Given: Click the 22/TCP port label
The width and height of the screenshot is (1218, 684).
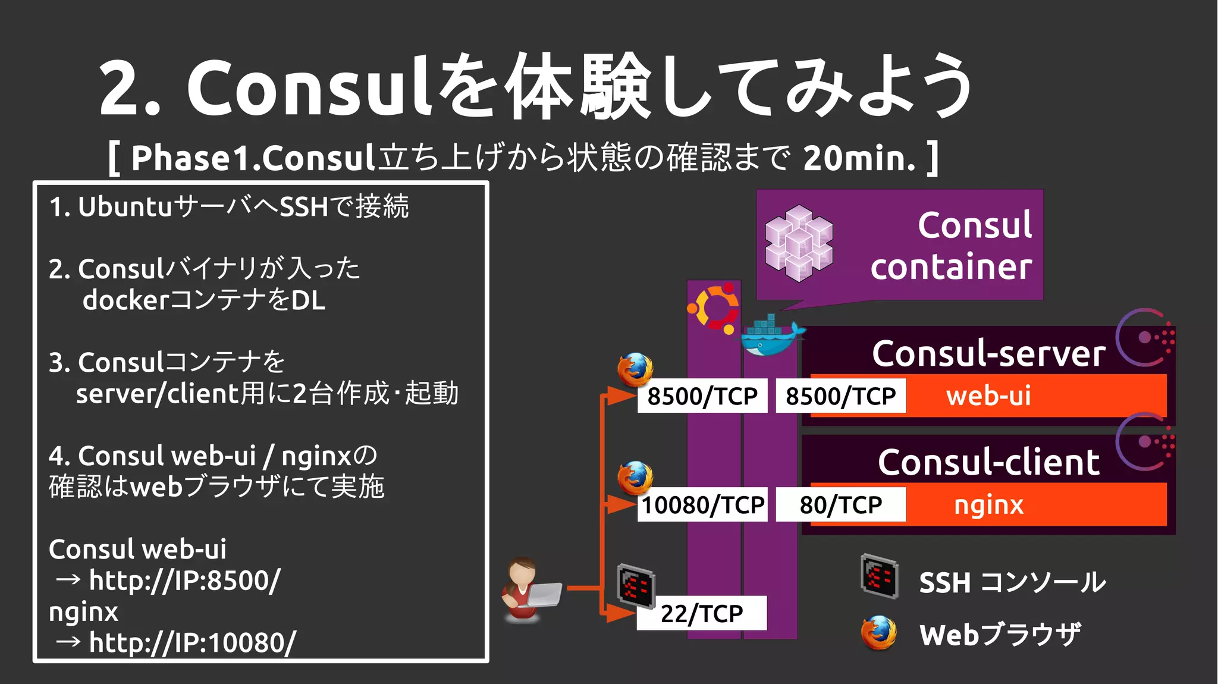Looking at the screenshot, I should click(x=702, y=613).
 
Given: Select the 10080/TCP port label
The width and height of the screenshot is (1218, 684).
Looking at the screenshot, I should click(x=702, y=505).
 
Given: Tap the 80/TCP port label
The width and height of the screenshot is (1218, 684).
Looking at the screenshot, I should click(x=840, y=505).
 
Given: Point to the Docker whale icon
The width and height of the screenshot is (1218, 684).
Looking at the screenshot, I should click(x=771, y=337).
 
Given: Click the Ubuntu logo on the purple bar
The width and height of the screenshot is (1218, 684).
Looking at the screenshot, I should click(x=714, y=308).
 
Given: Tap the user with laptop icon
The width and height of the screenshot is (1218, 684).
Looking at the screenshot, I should click(x=530, y=590).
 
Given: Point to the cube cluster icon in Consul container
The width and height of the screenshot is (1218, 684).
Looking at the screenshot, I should click(x=799, y=243).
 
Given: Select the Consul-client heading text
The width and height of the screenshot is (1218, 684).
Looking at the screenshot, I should click(x=988, y=462).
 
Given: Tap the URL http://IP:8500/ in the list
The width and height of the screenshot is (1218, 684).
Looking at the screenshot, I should click(x=184, y=581).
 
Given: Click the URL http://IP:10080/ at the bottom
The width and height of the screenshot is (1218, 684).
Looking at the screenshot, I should click(x=192, y=643).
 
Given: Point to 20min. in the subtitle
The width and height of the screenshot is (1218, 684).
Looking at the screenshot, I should click(x=859, y=158).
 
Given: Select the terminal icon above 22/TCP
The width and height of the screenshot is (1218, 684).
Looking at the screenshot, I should click(x=636, y=585).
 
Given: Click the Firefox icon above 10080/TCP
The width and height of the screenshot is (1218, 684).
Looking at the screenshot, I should click(x=635, y=478).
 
